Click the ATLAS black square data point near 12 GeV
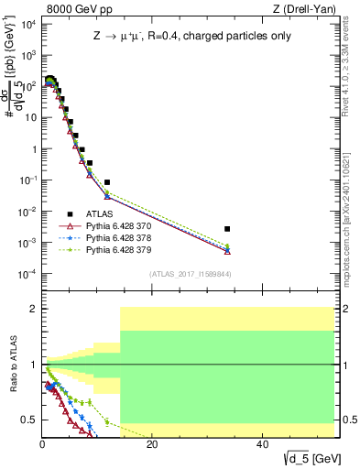point(107,182)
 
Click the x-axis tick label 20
point(152,444)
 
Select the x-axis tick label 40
point(262,444)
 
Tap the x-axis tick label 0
point(42,444)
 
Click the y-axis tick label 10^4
point(26,23)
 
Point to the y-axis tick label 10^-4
point(26,274)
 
